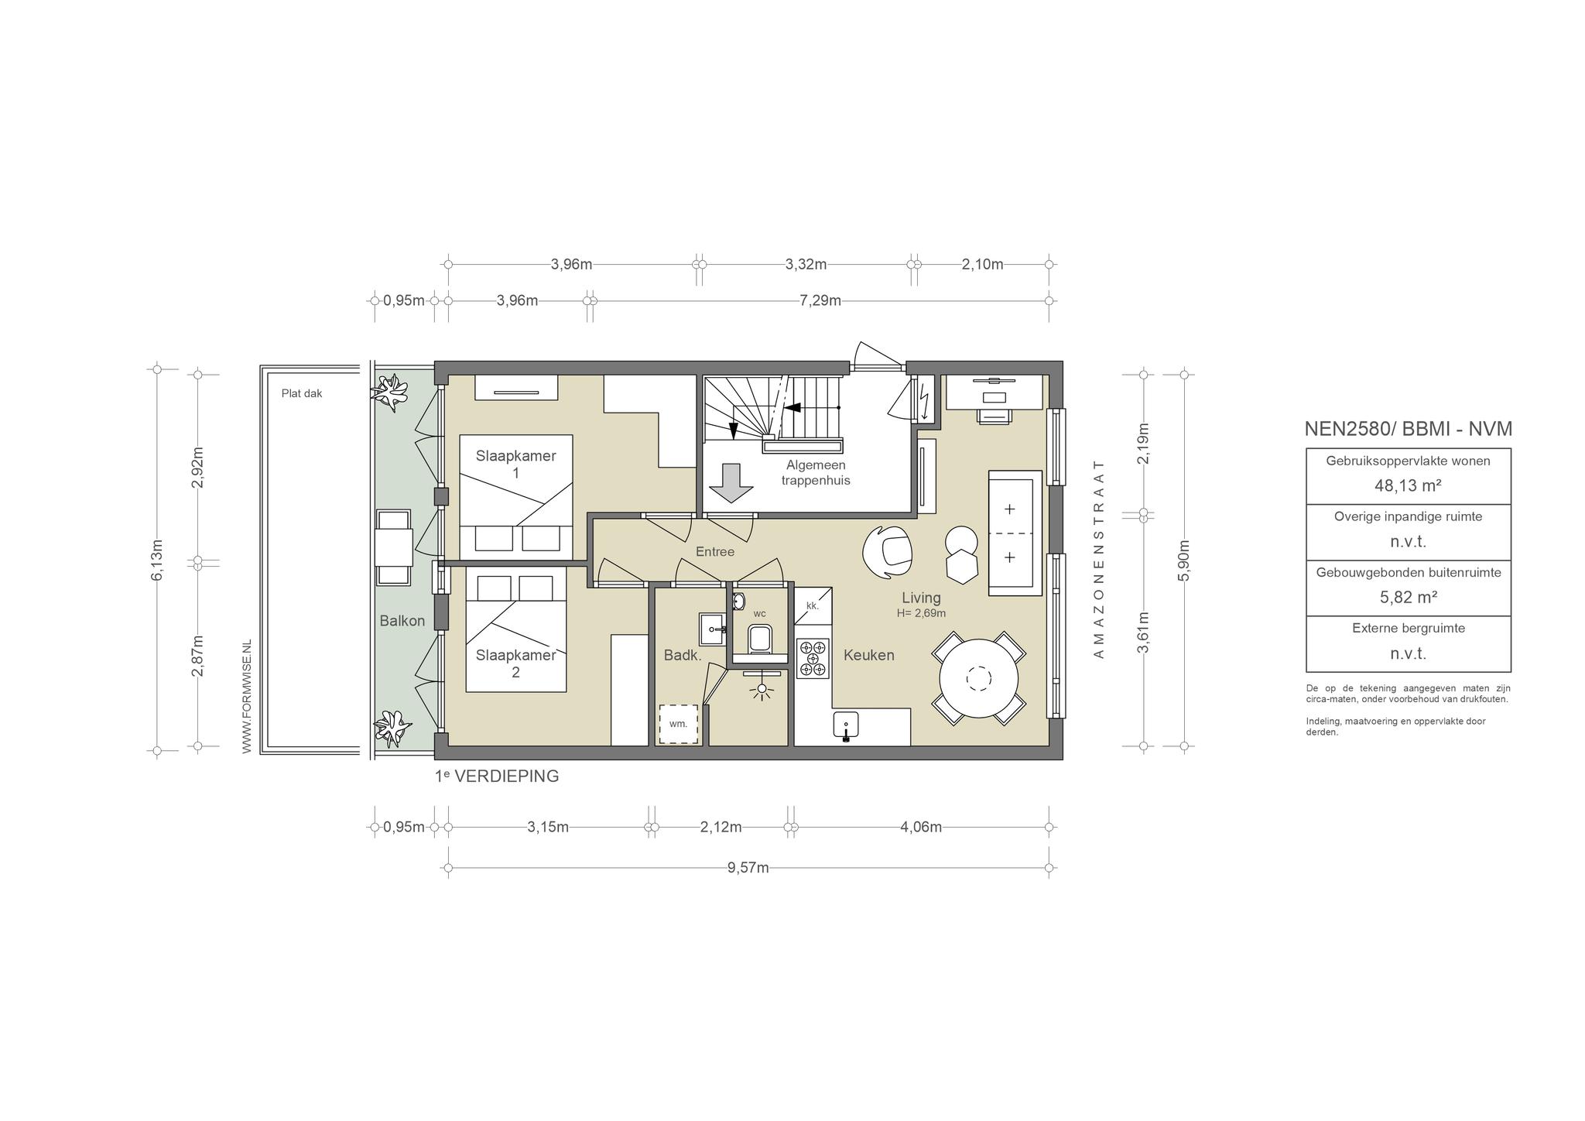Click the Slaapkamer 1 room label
click(x=515, y=464)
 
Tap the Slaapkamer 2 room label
click(x=515, y=663)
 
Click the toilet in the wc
click(x=759, y=639)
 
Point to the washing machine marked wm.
click(x=678, y=724)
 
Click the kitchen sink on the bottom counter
click(x=846, y=727)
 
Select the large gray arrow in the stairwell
click(x=731, y=484)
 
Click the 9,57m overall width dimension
click(x=748, y=868)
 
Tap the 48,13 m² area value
click(x=1408, y=485)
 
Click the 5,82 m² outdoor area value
click(x=1408, y=597)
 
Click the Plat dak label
click(x=302, y=393)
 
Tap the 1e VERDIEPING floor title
click(x=497, y=776)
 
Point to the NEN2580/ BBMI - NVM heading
click(x=1408, y=429)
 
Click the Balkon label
click(x=402, y=621)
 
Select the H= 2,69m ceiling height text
click(x=921, y=613)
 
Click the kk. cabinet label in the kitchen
click(x=812, y=605)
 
